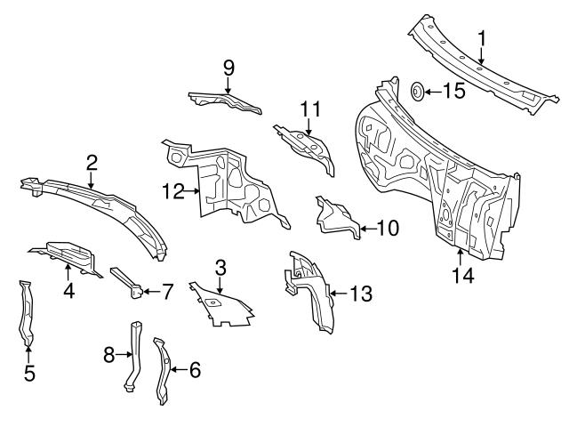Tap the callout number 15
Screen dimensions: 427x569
click(453, 91)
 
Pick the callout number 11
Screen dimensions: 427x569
click(308, 110)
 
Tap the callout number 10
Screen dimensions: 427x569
click(387, 229)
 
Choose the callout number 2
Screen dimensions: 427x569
click(92, 162)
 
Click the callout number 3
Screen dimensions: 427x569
click(220, 266)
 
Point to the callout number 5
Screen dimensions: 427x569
click(28, 373)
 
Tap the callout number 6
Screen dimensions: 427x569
click(195, 369)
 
